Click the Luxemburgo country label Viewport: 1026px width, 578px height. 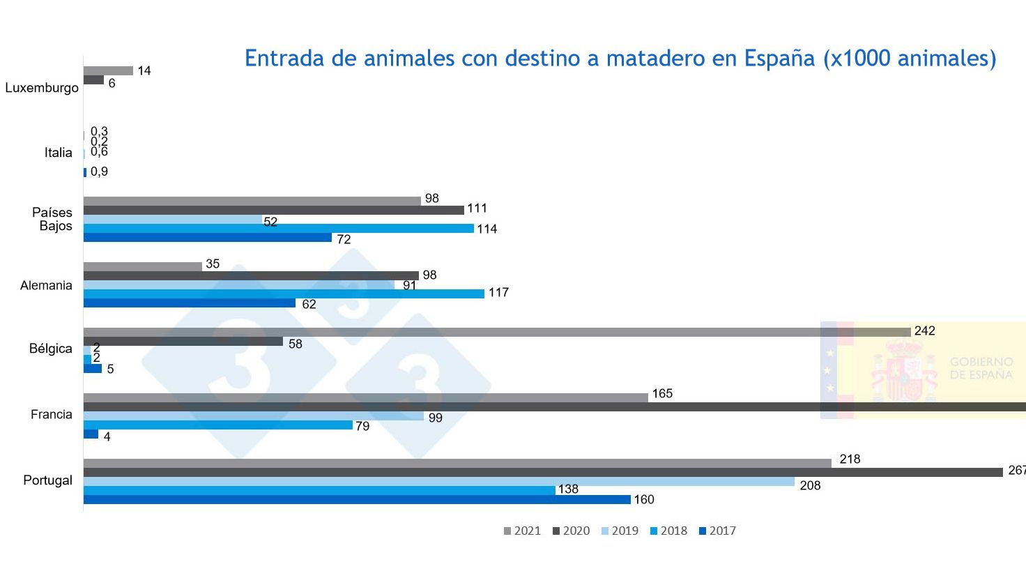point(42,88)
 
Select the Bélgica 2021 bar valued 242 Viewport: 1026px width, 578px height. point(496,332)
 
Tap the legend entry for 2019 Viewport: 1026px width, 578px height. point(619,531)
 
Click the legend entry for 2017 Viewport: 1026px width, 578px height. point(717,531)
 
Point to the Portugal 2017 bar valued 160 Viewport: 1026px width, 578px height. point(357,499)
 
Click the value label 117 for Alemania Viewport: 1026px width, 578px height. point(498,293)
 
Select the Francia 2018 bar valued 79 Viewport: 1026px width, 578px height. point(217,425)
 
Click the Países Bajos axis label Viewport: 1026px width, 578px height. point(52,219)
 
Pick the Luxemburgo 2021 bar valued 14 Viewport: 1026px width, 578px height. point(108,70)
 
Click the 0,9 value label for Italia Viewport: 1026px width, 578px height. point(99,172)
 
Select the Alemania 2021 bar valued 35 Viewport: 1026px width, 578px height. point(142,266)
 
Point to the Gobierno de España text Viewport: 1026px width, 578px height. point(981,368)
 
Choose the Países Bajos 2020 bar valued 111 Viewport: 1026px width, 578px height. point(273,210)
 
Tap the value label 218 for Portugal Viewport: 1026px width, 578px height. point(850,459)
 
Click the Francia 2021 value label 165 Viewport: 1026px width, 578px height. point(662,394)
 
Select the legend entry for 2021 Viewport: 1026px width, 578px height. point(521,531)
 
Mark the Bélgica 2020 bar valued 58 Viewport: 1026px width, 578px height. point(183,342)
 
